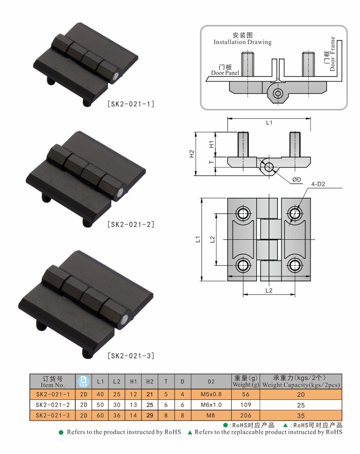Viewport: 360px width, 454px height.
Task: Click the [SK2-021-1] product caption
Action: (131, 104)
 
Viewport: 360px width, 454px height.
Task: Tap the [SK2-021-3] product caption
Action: (131, 356)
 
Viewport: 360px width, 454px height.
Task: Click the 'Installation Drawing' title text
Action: (242, 42)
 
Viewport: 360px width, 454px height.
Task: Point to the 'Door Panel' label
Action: (225, 73)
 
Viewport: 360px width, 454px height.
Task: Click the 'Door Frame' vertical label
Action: (332, 54)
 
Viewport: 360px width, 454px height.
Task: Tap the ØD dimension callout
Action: (297, 179)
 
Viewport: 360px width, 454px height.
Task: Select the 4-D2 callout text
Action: (318, 184)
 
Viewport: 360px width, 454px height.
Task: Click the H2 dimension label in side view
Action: (192, 154)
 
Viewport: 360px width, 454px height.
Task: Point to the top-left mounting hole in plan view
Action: (243, 214)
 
